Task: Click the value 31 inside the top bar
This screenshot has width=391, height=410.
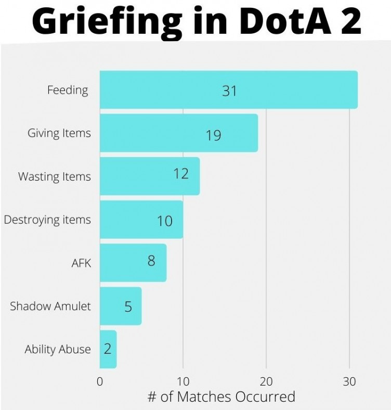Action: click(x=229, y=91)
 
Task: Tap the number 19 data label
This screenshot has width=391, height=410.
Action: click(x=213, y=135)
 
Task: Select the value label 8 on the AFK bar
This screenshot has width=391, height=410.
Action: click(x=151, y=260)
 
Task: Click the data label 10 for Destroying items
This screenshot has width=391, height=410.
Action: click(x=165, y=221)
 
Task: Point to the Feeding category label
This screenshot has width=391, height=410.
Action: click(x=68, y=90)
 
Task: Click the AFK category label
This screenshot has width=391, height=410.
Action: click(x=81, y=263)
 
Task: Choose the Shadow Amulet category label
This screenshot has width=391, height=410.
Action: click(x=50, y=306)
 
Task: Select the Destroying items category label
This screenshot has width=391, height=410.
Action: click(x=47, y=220)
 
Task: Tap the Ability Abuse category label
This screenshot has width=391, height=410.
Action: click(x=58, y=350)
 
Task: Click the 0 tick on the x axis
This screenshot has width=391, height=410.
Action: click(x=100, y=381)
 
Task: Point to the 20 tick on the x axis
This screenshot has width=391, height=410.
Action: click(x=266, y=381)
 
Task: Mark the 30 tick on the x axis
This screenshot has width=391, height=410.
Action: click(x=349, y=381)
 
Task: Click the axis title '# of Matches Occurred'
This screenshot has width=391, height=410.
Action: click(x=221, y=397)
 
